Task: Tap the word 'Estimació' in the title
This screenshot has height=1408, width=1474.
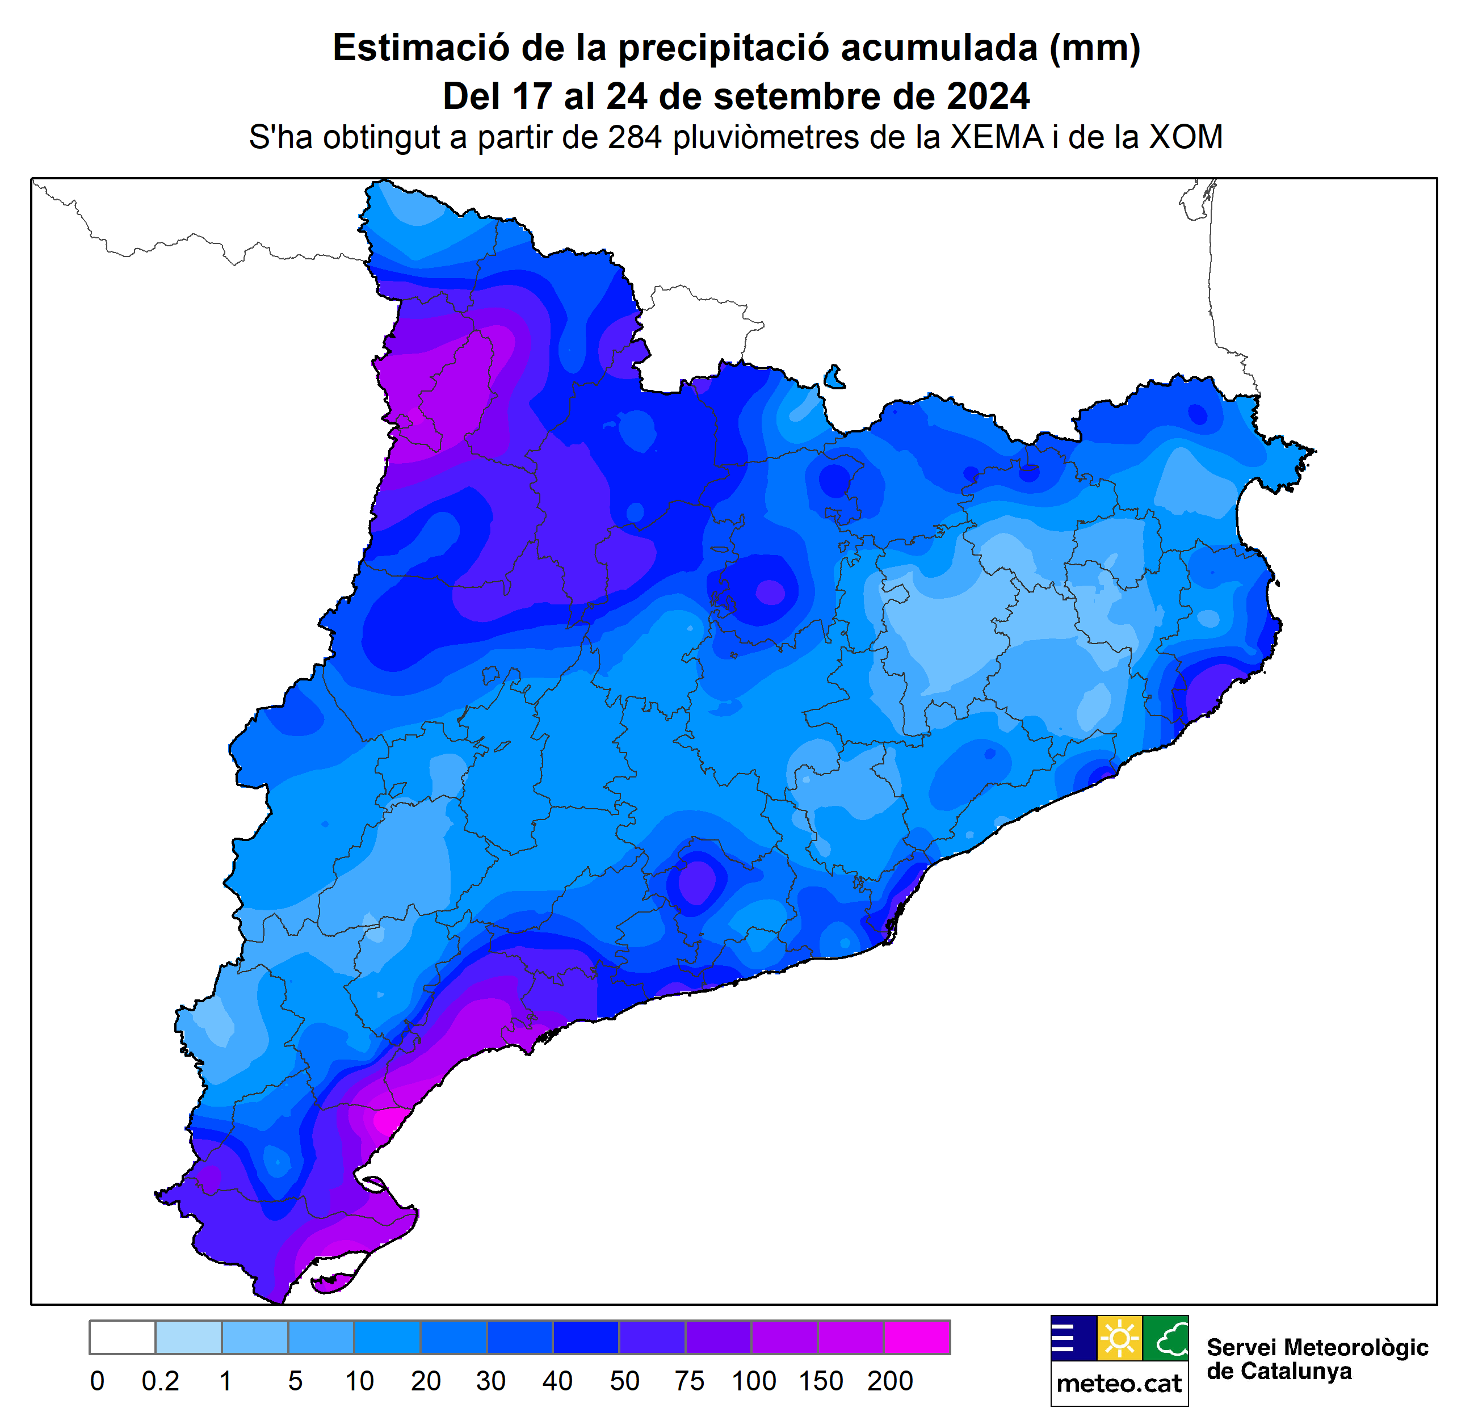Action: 421,48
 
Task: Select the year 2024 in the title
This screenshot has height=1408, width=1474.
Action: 987,97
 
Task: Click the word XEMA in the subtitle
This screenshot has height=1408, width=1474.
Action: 997,137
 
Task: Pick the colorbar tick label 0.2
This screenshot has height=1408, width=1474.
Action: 160,1381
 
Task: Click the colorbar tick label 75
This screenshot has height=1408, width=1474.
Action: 688,1381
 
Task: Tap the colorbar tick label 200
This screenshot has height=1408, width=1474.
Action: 889,1381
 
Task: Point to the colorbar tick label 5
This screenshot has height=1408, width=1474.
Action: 295,1381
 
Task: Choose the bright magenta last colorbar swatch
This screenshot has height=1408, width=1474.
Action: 917,1338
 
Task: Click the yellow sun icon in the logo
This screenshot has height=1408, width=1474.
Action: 1119,1338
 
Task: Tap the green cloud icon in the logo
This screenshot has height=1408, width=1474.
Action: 1166,1338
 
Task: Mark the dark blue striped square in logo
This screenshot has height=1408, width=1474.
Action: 1073,1338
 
